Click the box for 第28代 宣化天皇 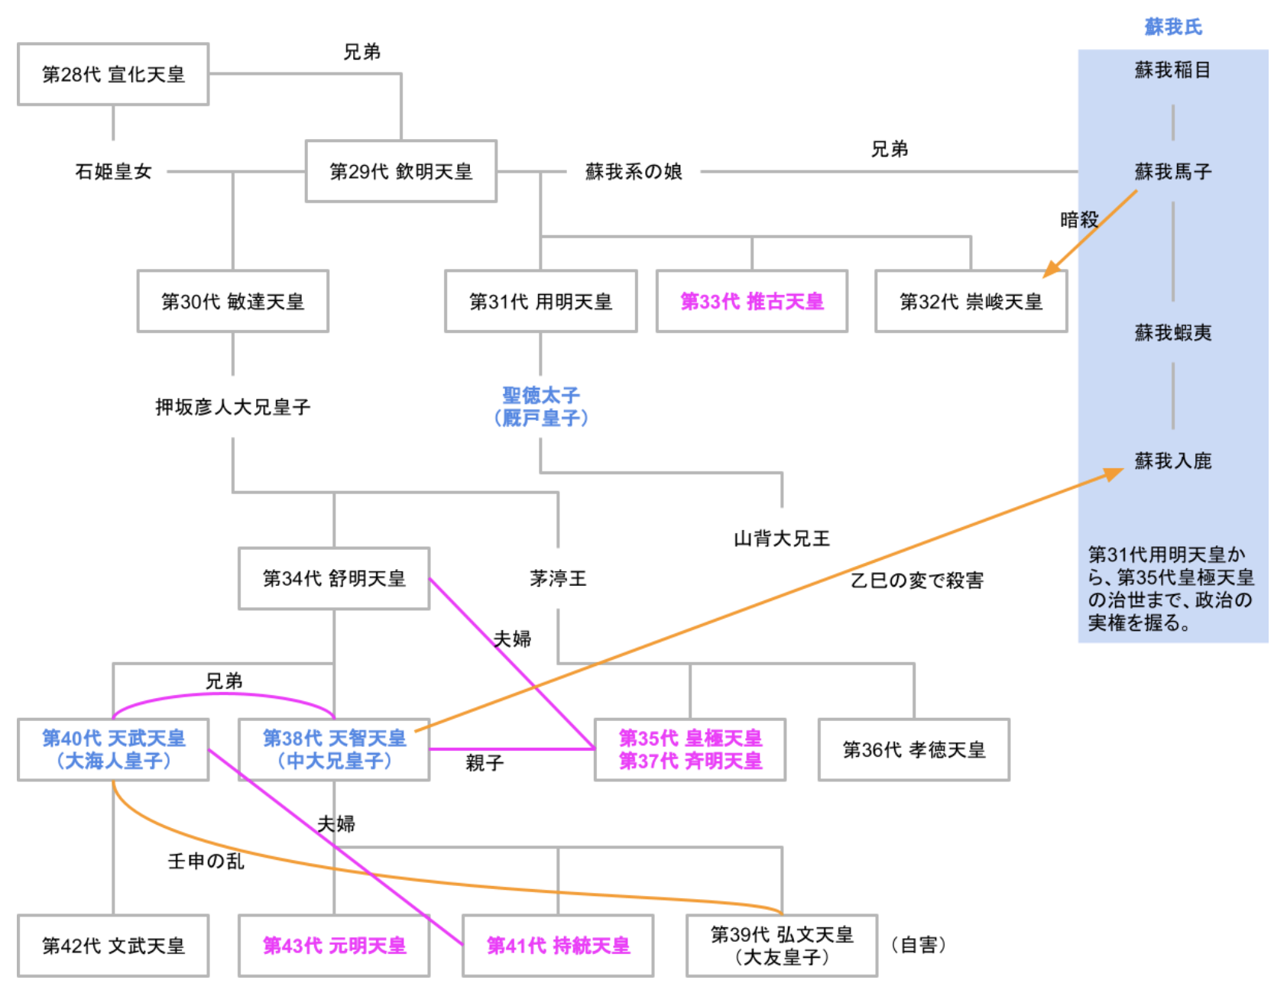pos(113,74)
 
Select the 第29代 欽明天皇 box pos(400,171)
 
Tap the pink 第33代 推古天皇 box pos(751,301)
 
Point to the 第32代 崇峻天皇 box pos(971,301)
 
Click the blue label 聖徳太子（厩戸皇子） pos(541,406)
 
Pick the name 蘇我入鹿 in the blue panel pos(1172,461)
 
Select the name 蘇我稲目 pos(1172,70)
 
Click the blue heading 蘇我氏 pos(1172,27)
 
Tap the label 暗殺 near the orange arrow pos(1078,220)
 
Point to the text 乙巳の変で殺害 pos(916,580)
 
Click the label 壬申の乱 pos(206,861)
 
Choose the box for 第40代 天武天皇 pos(113,749)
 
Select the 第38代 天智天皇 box pos(334,749)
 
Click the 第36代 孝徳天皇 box pos(913,749)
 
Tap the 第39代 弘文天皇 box pos(781,946)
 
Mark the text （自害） pos(919,945)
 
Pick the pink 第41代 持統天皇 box pos(558,946)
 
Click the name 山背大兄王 pos(781,538)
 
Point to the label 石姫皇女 pos(113,171)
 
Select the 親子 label pos(485,762)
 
